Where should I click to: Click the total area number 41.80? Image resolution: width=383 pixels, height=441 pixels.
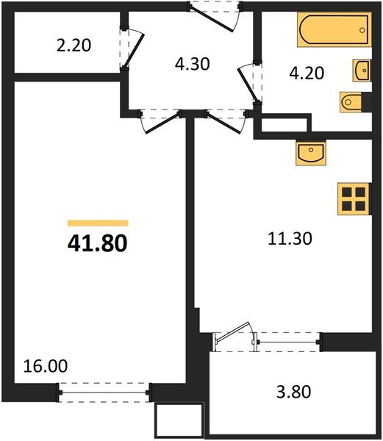click(98, 243)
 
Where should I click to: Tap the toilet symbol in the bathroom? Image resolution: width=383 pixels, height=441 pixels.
click(349, 101)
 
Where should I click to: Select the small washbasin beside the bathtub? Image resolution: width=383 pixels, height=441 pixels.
click(361, 71)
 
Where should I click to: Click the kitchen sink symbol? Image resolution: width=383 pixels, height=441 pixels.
click(311, 153)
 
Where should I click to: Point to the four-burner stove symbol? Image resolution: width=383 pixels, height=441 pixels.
click(352, 198)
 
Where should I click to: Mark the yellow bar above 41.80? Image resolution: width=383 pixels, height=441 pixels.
click(98, 223)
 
